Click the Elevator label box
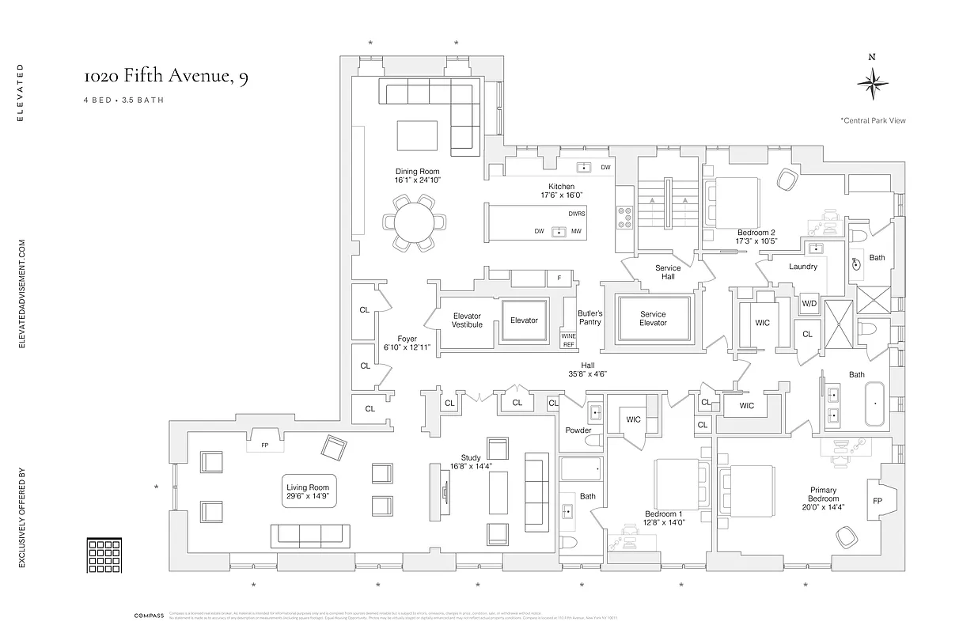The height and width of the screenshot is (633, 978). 524,320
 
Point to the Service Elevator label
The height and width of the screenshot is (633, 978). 653,318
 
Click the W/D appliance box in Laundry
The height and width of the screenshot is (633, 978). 809,304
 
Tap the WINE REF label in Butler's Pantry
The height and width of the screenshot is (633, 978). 569,340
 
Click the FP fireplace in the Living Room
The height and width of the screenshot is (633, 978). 265,445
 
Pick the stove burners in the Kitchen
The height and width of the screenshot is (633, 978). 625,218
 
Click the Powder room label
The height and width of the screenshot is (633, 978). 578,430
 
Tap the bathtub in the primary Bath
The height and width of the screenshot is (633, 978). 875,404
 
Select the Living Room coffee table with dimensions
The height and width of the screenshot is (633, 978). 309,491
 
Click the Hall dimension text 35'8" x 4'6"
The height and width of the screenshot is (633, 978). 587,374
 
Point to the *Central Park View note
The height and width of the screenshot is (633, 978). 873,121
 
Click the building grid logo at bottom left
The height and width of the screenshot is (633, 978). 103,555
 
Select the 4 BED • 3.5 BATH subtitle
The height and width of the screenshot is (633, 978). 123,100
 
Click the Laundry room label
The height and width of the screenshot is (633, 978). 803,267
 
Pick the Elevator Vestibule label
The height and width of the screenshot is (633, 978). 467,320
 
